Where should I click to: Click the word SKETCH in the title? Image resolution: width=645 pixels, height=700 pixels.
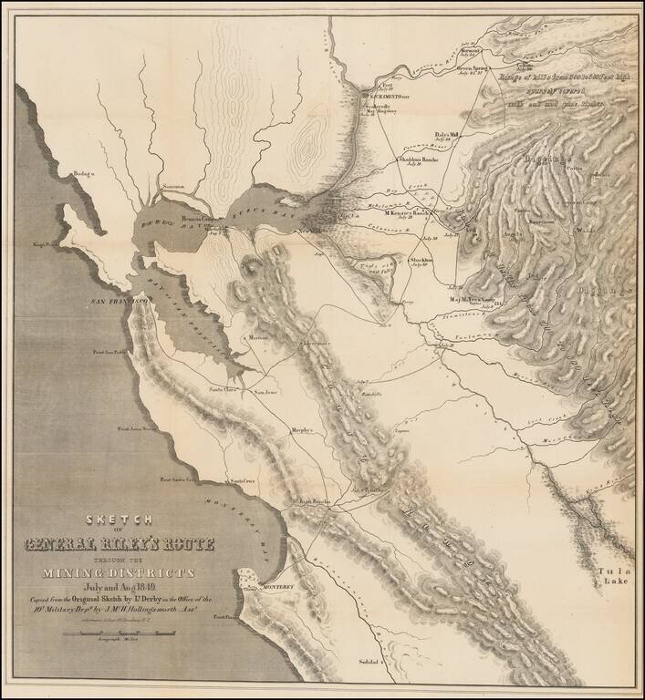point(120,520)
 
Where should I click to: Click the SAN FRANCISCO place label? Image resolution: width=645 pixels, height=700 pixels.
point(118,300)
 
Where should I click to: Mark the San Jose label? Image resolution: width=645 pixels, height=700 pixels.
point(265,393)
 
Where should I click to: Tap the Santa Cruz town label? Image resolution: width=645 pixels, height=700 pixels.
point(243,479)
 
